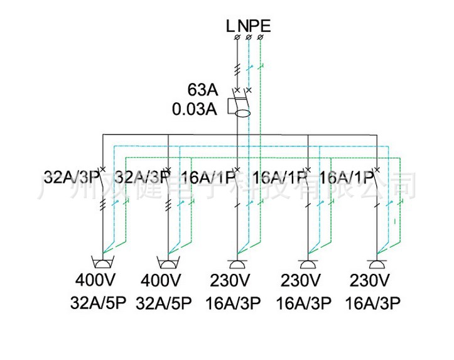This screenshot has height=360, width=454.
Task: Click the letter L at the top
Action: pos(230,26)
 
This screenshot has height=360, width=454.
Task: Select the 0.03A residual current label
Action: pos(195,109)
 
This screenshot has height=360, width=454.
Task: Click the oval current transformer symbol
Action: pos(241,114)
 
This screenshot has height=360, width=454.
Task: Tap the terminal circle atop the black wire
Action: pos(237,38)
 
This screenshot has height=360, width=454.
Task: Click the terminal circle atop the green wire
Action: pos(261,38)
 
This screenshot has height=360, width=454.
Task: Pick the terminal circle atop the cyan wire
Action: pos(249,38)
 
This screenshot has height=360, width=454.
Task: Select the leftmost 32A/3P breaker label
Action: pos(71,176)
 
